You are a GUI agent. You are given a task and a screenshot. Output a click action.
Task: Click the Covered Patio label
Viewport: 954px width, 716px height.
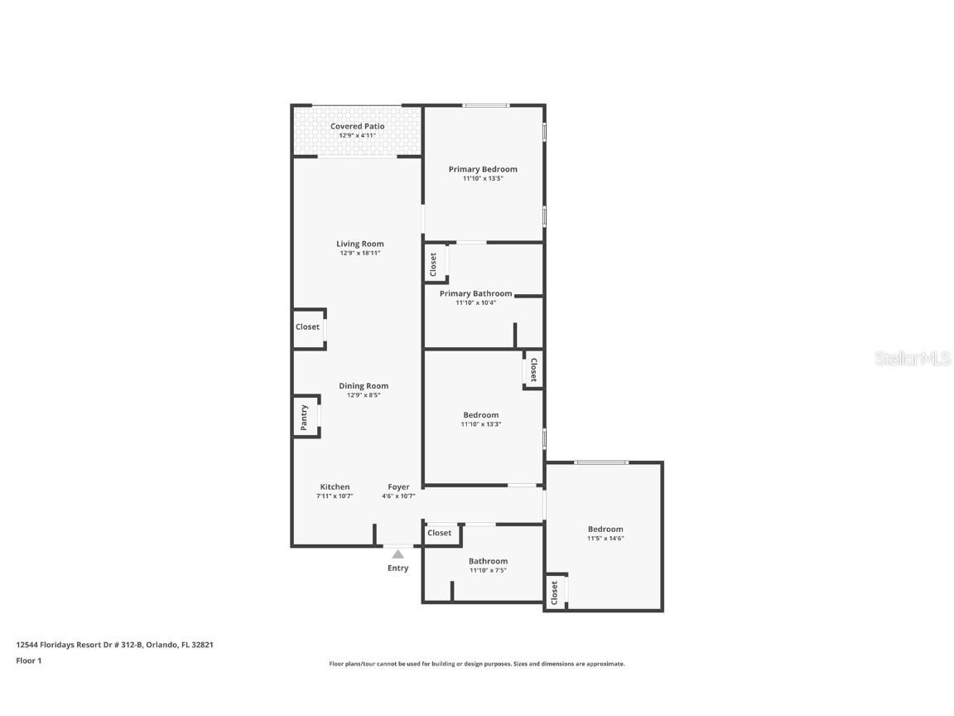point(357,126)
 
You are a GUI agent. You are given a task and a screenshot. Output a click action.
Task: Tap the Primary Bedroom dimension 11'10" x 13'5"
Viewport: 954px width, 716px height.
point(483,178)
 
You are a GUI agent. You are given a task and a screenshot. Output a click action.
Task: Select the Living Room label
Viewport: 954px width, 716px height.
point(359,244)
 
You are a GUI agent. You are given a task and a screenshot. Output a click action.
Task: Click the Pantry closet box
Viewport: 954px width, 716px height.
point(304,417)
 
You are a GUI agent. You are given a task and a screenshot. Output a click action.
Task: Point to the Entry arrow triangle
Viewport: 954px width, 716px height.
point(397,554)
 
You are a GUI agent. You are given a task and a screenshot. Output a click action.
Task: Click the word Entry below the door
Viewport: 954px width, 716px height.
point(397,568)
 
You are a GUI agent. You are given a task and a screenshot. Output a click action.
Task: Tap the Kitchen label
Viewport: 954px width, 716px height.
point(335,486)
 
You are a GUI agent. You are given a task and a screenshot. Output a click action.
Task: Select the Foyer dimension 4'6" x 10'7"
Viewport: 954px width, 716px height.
point(398,496)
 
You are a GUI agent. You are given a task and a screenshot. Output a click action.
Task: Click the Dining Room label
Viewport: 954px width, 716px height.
point(363,385)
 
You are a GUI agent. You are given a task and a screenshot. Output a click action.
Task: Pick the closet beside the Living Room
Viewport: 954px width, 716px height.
point(308,327)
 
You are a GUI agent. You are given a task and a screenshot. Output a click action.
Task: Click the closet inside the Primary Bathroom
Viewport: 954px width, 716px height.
point(434,265)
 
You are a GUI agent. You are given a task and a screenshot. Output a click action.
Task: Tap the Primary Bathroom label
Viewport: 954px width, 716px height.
point(475,293)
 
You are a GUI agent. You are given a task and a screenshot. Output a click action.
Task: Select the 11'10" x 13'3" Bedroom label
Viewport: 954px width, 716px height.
point(480,414)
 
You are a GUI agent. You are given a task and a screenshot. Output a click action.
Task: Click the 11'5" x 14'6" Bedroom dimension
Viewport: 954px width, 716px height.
point(605,539)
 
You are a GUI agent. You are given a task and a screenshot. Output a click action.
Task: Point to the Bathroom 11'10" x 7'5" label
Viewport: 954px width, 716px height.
point(488,561)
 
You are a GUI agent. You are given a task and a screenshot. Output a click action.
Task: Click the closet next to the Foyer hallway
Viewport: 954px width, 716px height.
point(440,533)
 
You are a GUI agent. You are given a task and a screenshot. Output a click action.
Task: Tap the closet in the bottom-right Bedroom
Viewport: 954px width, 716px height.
point(555,592)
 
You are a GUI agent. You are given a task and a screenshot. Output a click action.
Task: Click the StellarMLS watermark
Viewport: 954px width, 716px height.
point(912,358)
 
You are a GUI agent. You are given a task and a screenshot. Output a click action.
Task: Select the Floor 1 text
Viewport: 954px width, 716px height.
point(28,660)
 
